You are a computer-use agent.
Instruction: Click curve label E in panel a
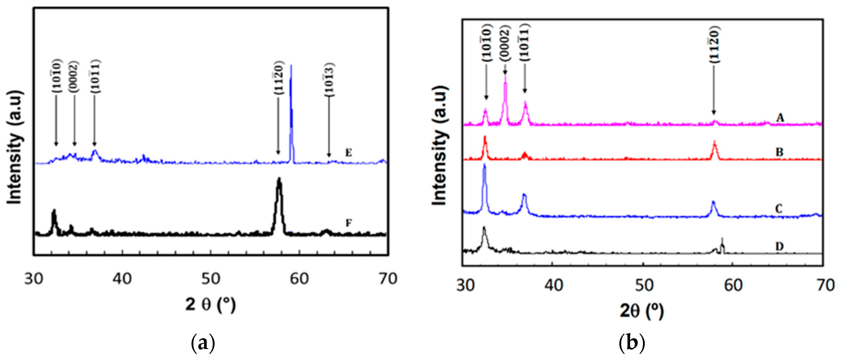[348, 153]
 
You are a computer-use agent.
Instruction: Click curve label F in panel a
[348, 223]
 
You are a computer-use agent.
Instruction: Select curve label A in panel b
[780, 117]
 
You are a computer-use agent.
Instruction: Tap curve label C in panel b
[779, 208]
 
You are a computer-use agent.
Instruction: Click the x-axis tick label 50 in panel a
[211, 279]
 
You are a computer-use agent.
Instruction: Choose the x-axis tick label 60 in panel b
[733, 285]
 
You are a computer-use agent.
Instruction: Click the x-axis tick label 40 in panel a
[122, 279]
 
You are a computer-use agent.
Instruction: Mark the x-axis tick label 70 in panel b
[825, 285]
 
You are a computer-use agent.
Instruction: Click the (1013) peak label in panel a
[329, 79]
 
